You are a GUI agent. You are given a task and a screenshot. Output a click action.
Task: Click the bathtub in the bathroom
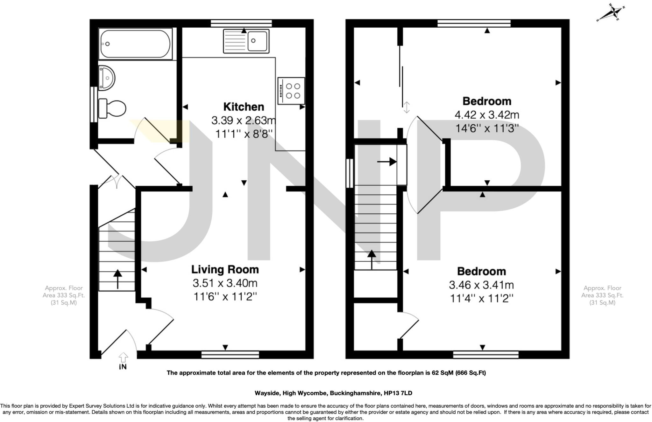click(x=136, y=44)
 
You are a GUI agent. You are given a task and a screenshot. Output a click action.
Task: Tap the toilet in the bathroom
click(x=113, y=108)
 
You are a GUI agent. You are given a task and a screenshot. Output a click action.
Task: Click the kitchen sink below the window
click(x=246, y=41)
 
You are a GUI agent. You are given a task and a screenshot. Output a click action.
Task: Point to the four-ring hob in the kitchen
click(x=291, y=91)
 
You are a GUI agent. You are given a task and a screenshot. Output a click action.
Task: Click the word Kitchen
click(x=244, y=107)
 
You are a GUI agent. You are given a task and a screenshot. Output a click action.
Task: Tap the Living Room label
click(x=225, y=270)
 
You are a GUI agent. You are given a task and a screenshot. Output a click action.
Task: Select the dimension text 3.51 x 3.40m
click(x=225, y=283)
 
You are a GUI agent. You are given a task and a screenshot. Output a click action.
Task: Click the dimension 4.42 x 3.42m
click(x=487, y=114)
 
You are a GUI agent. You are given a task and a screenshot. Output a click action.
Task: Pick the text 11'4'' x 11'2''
click(x=481, y=299)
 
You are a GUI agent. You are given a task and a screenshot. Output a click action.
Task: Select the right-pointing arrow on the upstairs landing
click(x=387, y=162)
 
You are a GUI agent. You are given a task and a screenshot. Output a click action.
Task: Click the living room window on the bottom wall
click(x=230, y=355)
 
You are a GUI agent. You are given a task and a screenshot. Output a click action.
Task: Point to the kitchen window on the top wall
click(x=241, y=23)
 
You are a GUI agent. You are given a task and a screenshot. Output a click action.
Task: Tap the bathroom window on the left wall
click(x=94, y=104)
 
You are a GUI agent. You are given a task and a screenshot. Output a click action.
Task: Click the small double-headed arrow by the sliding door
click(x=407, y=107)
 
